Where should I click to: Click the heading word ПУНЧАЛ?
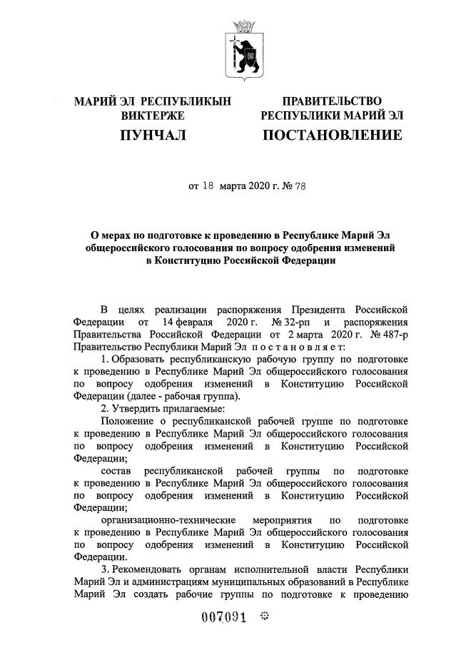coord(153,134)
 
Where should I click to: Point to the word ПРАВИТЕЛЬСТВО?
coord(332,101)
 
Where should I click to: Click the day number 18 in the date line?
coord(208,187)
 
